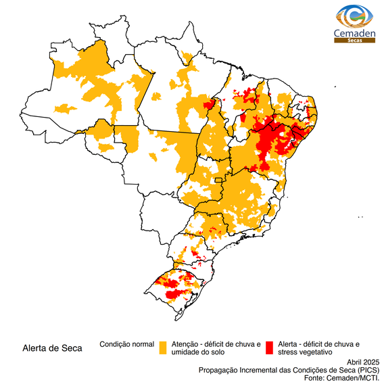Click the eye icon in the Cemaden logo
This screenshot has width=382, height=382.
coord(350,16)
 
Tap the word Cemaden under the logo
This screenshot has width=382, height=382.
coord(350,33)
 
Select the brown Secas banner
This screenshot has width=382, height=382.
coord(350,41)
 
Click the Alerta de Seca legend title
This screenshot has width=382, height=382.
coord(52,349)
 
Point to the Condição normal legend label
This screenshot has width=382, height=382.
coord(127,344)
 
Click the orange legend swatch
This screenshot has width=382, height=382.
coord(163,348)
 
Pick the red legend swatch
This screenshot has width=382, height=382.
coord(269,348)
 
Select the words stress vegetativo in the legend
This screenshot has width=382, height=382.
coord(305,352)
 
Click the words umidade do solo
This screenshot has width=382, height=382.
coord(198,352)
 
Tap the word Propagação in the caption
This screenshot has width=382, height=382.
coord(220,370)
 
